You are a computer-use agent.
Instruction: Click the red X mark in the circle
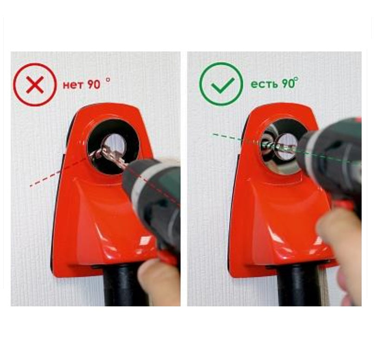click(35, 85)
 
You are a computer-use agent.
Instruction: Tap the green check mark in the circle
click(222, 85)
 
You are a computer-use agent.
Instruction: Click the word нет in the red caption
click(73, 85)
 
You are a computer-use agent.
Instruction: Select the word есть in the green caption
click(264, 84)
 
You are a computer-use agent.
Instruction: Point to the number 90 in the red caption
click(94, 84)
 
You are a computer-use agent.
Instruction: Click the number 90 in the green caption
click(288, 83)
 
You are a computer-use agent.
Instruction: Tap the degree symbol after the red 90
click(108, 80)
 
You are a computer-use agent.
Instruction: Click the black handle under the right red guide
click(300, 286)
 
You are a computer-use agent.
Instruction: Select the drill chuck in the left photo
click(147, 182)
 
